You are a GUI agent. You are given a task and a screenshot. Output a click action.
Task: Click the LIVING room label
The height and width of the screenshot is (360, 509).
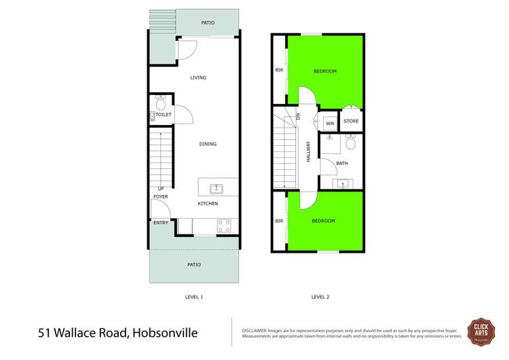pos(198,78)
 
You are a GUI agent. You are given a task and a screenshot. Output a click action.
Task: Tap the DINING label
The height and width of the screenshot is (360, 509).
pos(208,144)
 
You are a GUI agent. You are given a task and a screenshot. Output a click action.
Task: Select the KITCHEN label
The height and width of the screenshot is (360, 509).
pos(208,204)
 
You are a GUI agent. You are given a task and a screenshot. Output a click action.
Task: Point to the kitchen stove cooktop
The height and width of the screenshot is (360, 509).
pos(225,227)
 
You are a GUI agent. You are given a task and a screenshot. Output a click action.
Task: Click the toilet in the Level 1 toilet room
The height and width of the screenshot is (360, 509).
pos(161,104)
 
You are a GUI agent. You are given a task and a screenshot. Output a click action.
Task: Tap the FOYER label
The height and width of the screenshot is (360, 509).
pos(160,196)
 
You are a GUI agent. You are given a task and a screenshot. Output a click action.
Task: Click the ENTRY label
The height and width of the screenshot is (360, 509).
pos(161,223)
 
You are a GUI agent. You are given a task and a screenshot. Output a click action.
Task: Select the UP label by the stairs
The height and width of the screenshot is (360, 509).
pos(161,189)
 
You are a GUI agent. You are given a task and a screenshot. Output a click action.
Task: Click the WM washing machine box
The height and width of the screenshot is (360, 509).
pos(329,124)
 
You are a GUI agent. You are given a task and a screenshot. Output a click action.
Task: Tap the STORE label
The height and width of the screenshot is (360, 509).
pos(350,122)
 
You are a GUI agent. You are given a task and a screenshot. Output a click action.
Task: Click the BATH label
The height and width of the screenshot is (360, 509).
pos(341,163)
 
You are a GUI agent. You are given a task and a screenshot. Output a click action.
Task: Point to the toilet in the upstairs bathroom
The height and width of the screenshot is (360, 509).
pos(350,143)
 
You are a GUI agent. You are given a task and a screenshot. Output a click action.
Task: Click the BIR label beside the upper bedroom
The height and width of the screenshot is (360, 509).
pos(279,70)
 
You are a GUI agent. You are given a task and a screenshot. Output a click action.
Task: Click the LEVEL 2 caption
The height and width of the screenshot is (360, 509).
pos(320,297)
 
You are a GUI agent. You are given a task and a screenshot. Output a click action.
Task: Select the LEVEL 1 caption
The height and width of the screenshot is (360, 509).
pos(194,297)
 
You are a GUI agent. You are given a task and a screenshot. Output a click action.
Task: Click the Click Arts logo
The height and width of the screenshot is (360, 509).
pos(480,331)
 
